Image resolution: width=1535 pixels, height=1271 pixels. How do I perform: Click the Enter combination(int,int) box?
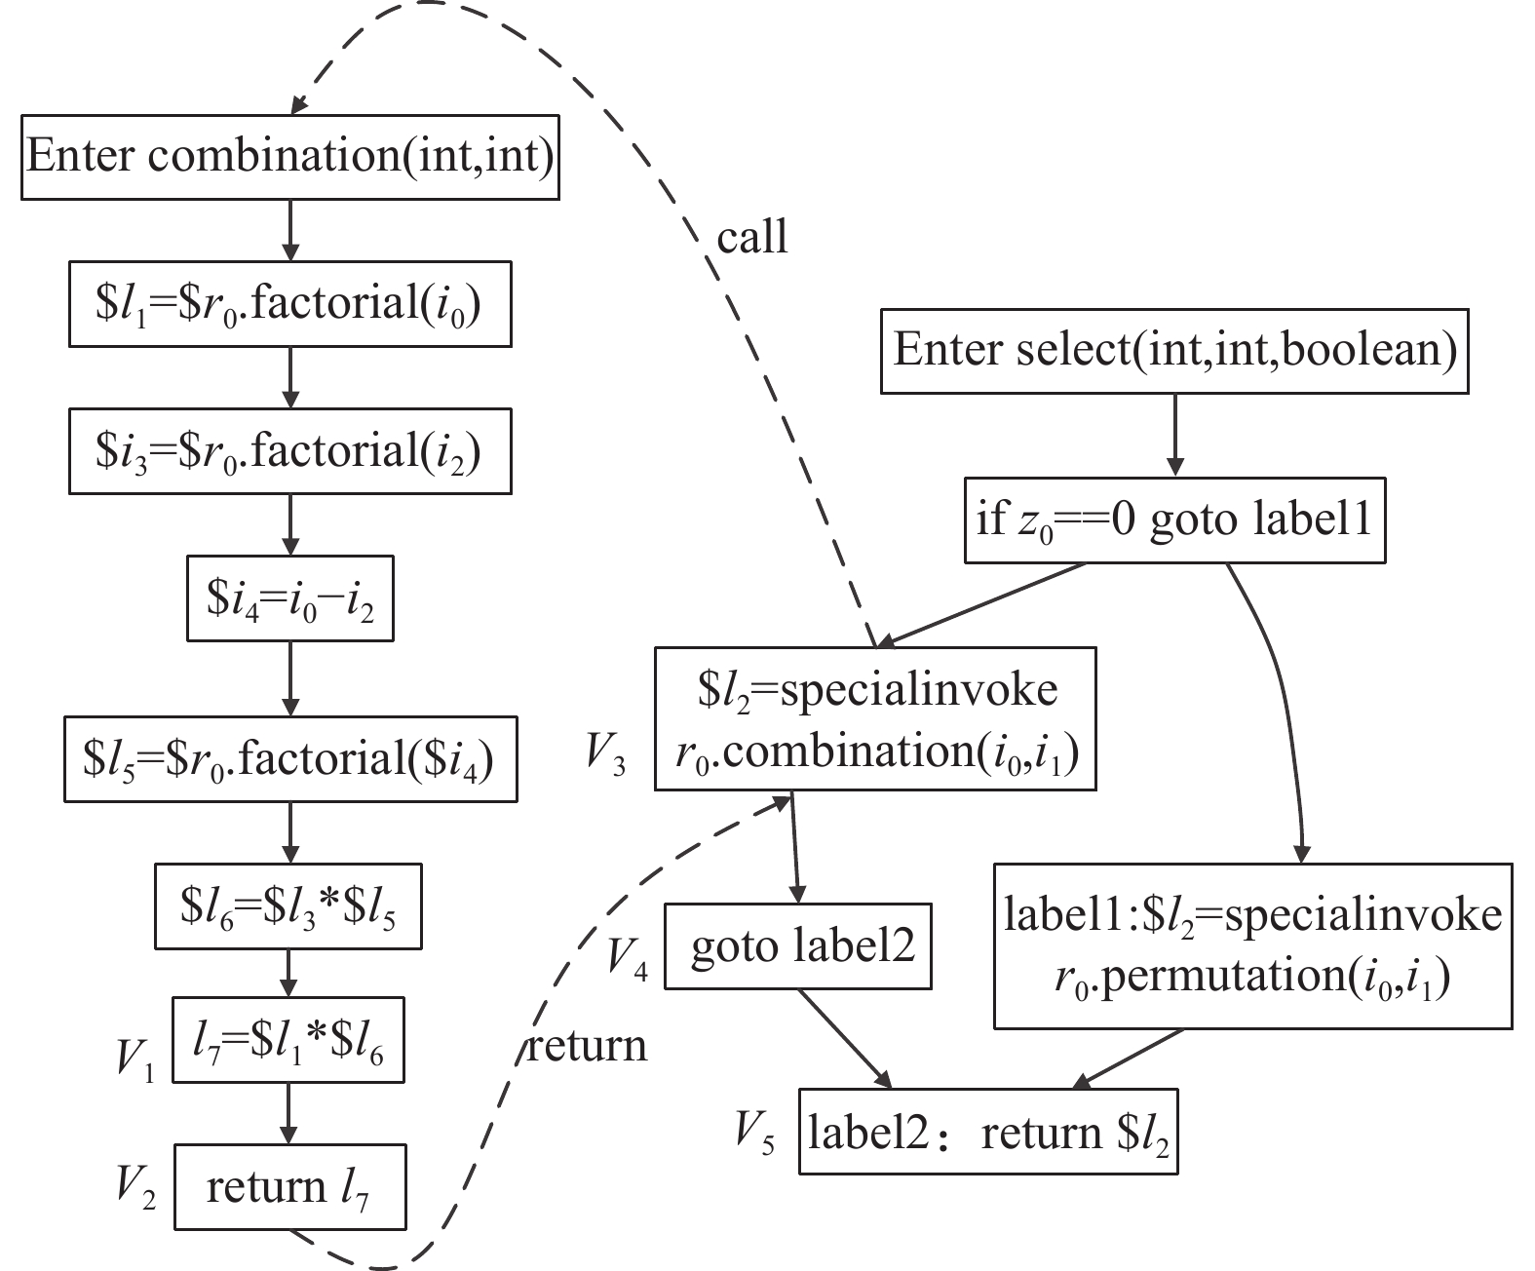[x=290, y=157]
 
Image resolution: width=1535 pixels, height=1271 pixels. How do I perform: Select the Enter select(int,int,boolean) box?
[x=1174, y=352]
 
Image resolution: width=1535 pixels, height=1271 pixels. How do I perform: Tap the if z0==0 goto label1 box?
[x=1174, y=520]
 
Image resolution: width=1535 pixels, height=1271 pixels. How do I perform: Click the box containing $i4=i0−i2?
[x=290, y=598]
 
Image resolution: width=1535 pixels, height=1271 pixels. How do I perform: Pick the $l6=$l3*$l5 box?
[x=288, y=906]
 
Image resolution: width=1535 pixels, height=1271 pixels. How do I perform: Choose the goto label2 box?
[x=798, y=946]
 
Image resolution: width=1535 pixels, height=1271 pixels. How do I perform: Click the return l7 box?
[x=290, y=1187]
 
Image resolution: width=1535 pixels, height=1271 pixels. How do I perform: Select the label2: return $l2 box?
[x=989, y=1132]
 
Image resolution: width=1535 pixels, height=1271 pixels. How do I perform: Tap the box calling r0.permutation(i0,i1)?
[x=1252, y=946]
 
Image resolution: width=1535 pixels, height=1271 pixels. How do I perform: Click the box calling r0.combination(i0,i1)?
[x=875, y=719]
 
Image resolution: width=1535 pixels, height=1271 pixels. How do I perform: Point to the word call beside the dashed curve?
[x=752, y=237]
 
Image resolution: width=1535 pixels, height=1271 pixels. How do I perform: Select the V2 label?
[x=136, y=1189]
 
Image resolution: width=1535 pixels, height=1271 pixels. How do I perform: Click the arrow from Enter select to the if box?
[x=1174, y=436]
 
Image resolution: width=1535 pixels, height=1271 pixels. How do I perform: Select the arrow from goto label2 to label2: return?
[x=845, y=1039]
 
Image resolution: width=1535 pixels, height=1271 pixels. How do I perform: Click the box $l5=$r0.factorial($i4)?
[x=290, y=759]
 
